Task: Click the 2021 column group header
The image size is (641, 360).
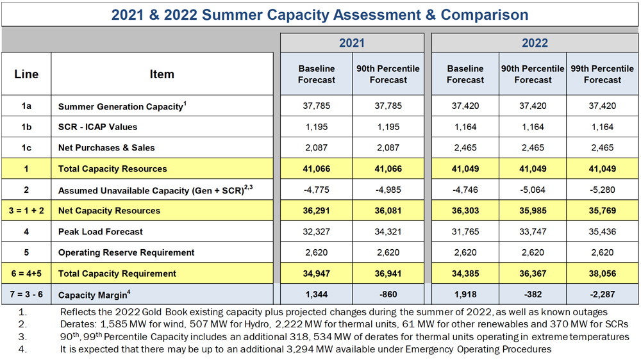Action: (x=351, y=43)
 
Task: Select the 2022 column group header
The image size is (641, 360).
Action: (x=535, y=43)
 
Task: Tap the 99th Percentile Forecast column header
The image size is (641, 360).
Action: (x=602, y=74)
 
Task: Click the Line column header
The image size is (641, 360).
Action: (x=26, y=74)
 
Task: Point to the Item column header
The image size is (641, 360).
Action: (x=162, y=74)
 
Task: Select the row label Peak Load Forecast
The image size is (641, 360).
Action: (x=101, y=232)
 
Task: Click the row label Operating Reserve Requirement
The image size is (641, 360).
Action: (x=126, y=252)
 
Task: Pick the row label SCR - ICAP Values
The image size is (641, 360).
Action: (x=97, y=127)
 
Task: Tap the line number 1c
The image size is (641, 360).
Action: (x=26, y=147)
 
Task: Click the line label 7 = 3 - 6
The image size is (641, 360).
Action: (x=26, y=295)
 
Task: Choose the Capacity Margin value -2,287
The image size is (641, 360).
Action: (x=602, y=295)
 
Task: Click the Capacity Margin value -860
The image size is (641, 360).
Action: (x=388, y=295)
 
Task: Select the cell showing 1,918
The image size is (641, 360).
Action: (x=465, y=295)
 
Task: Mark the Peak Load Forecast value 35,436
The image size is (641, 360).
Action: (x=602, y=232)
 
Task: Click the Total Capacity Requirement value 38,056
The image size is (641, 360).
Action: (x=602, y=274)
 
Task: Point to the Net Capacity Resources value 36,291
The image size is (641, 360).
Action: (x=317, y=211)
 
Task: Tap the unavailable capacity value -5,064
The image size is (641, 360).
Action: (x=533, y=190)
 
